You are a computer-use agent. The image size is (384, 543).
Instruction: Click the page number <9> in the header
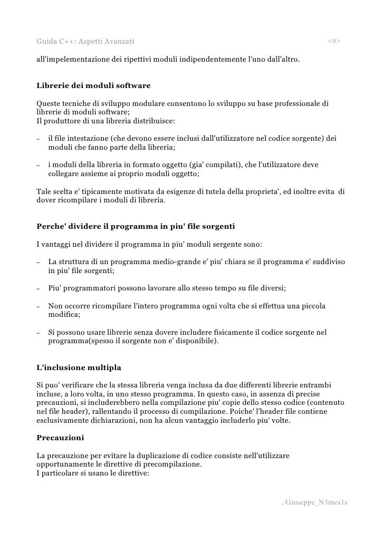[x=334, y=41]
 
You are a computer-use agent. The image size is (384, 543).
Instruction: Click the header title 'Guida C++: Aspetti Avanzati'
[x=85, y=41]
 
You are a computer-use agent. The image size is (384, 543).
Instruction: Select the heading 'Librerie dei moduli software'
[x=93, y=85]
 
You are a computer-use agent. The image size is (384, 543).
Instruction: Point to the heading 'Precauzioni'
[x=60, y=438]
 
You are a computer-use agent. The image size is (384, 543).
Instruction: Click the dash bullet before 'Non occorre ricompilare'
[x=39, y=306]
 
